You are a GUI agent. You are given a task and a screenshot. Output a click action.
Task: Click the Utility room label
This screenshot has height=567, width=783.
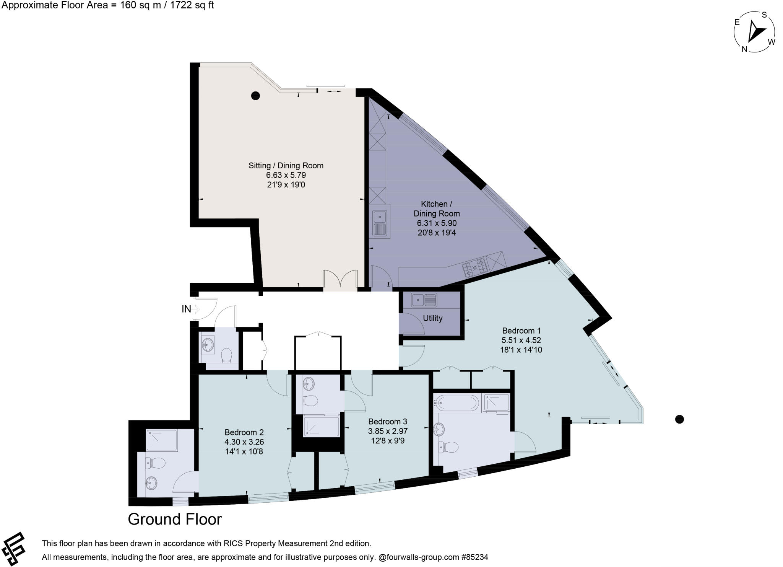[x=432, y=318]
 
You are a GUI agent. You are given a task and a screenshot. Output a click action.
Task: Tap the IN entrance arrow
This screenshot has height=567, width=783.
[x=195, y=309]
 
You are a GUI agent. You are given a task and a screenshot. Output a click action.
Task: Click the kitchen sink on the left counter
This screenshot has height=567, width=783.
[x=380, y=223]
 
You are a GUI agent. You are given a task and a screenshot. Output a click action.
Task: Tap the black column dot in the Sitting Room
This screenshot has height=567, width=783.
[x=255, y=96]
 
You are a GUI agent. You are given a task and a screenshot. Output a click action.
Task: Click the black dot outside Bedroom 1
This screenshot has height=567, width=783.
[x=679, y=419]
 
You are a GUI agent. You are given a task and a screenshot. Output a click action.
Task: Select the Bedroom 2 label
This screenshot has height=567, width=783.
[x=244, y=432]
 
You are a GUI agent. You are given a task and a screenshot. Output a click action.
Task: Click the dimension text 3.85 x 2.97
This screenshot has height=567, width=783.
[x=388, y=431]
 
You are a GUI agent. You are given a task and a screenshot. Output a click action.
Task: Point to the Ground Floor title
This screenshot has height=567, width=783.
[x=175, y=519]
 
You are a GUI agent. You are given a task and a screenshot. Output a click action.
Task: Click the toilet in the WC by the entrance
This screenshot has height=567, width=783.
[x=227, y=355]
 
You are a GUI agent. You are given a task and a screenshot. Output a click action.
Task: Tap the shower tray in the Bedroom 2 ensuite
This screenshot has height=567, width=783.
[x=162, y=440]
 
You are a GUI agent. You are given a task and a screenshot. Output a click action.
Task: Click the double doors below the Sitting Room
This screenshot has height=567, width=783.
[x=340, y=279]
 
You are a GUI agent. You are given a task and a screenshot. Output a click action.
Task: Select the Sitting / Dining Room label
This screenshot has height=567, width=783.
[x=286, y=166]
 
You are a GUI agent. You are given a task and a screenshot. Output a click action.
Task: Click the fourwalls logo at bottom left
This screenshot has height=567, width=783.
[x=14, y=549]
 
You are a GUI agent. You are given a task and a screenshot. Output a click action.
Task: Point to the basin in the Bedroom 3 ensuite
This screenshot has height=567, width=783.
[x=308, y=384]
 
